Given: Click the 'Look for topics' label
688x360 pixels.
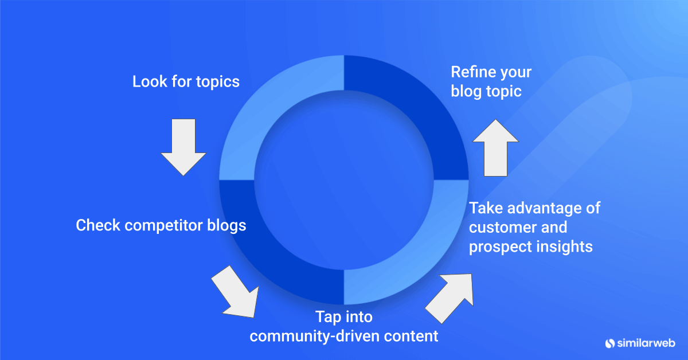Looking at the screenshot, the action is click(x=186, y=82).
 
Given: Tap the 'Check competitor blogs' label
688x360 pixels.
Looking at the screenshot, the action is click(x=161, y=225).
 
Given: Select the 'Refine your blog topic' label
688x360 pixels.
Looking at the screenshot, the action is click(x=491, y=82).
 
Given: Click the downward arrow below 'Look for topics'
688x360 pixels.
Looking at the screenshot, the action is click(x=183, y=147).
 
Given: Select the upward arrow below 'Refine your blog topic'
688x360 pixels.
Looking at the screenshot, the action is click(x=495, y=148).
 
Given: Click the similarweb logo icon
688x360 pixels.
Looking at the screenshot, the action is click(x=609, y=343).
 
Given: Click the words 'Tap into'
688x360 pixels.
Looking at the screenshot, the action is click(x=344, y=316).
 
